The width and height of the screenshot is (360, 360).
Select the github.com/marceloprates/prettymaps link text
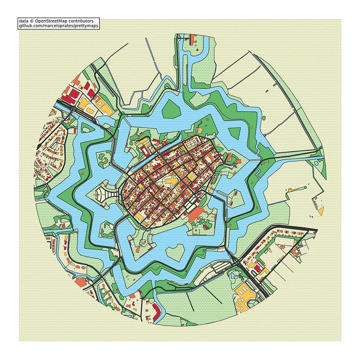(58, 26)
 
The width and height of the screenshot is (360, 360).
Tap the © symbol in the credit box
(32, 21)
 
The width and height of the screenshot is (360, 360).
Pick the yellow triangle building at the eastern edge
(320, 210)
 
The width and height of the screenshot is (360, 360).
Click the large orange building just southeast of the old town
(196, 215)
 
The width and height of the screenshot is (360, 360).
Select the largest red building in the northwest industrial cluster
(69, 95)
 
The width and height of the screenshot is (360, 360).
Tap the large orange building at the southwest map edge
(81, 281)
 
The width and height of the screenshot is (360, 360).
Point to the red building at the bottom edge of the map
(155, 308)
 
